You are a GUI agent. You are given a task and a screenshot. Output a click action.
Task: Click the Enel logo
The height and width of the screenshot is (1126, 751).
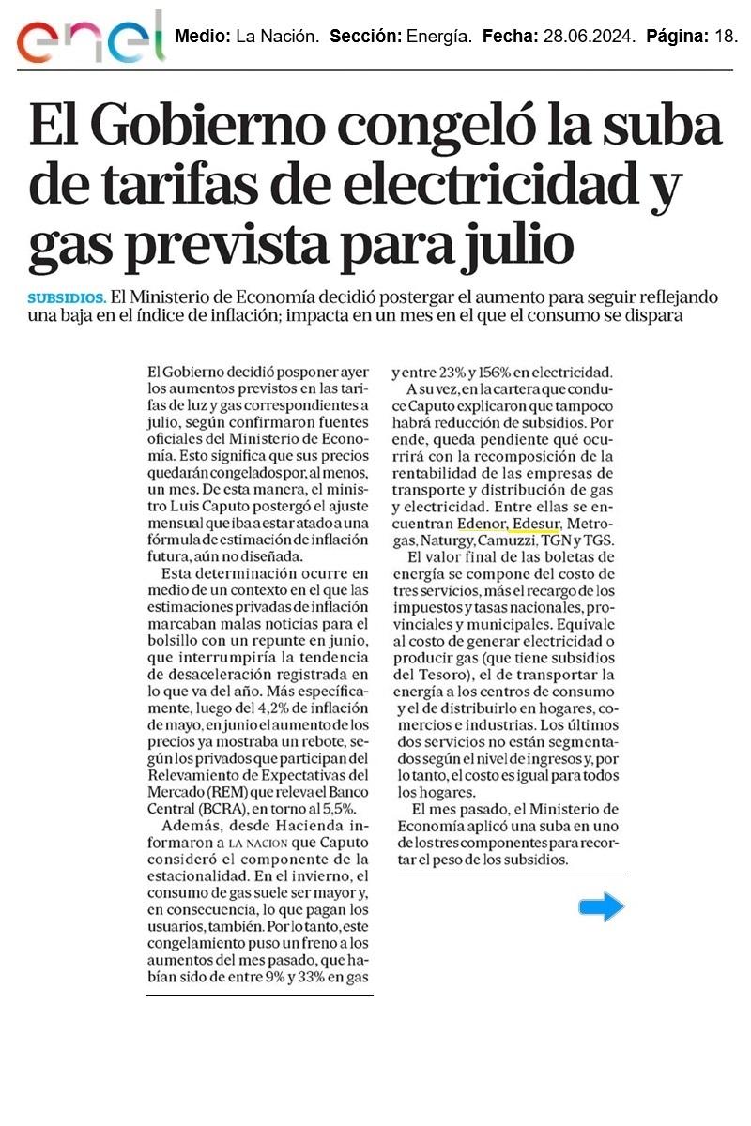(90, 40)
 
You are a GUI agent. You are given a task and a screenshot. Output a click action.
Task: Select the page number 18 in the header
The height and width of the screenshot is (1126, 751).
(726, 38)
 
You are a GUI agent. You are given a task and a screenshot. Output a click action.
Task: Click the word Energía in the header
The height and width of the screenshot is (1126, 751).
(439, 38)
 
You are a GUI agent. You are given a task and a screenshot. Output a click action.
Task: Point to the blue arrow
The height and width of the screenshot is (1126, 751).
(601, 906)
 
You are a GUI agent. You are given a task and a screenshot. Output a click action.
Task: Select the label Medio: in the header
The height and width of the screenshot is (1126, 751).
(202, 38)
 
